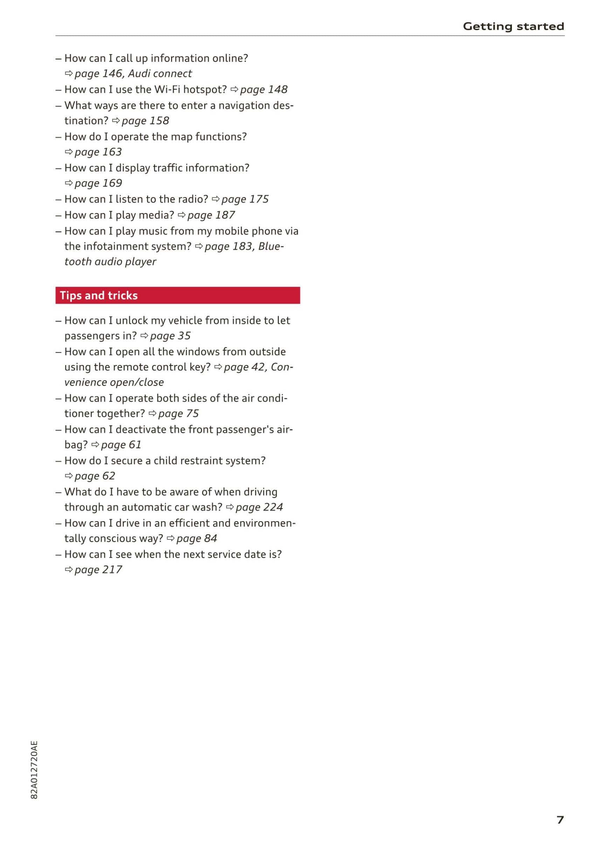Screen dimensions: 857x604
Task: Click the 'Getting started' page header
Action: click(513, 26)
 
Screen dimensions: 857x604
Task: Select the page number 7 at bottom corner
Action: click(560, 820)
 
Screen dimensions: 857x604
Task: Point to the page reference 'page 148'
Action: click(264, 90)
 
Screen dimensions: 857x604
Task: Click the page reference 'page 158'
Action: click(145, 121)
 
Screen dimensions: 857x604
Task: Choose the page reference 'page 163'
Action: click(98, 152)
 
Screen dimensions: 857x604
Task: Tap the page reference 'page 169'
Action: click(98, 183)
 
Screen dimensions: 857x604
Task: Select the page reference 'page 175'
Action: click(245, 199)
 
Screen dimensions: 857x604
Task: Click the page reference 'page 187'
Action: click(211, 215)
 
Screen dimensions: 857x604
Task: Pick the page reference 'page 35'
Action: click(170, 336)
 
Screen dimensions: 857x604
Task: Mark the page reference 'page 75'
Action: click(179, 413)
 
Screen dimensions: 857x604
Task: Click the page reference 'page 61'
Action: click(121, 445)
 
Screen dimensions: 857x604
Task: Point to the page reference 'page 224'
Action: click(259, 507)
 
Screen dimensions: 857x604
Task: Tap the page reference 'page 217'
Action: click(98, 570)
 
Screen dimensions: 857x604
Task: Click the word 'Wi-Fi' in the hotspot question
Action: click(167, 90)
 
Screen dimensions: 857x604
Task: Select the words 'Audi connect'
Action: click(160, 74)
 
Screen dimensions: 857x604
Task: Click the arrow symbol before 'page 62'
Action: click(69, 476)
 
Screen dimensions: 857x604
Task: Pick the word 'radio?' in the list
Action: click(193, 199)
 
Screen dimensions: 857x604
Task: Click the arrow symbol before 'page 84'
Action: click(171, 538)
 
